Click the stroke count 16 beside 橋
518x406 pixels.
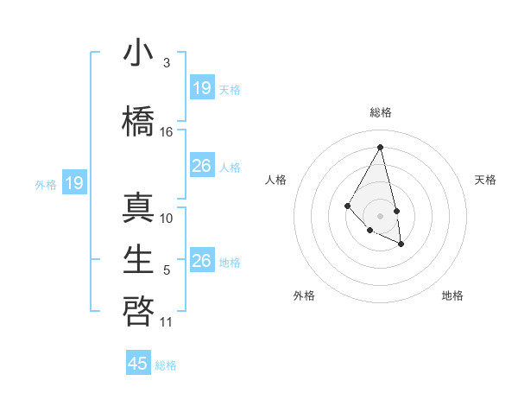tap(167, 132)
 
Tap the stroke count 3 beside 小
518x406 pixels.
tap(167, 63)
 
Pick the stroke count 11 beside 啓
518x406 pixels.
tap(167, 322)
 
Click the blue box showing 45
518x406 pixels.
tap(138, 364)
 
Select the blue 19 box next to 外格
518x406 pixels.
tap(74, 183)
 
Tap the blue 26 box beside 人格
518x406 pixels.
tap(202, 166)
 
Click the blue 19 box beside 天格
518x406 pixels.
tap(202, 88)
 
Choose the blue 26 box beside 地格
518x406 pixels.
tap(202, 261)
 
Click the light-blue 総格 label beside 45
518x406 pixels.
tap(166, 365)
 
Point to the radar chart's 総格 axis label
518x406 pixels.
tap(380, 112)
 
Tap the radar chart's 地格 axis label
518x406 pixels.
tap(452, 295)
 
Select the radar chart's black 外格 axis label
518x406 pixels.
tap(304, 295)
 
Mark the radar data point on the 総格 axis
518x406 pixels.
tap(380, 147)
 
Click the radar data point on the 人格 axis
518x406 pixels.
tap(347, 205)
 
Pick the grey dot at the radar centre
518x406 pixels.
tap(380, 215)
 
